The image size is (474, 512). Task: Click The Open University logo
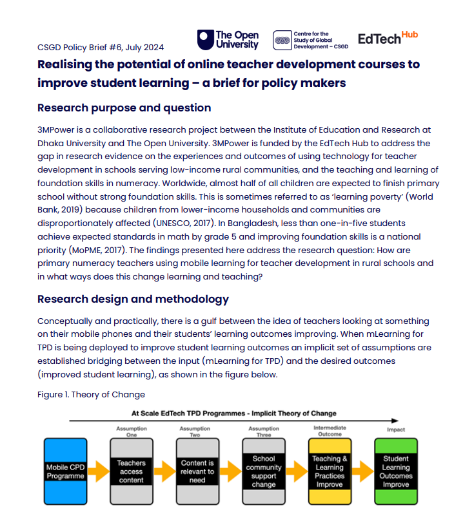[x=228, y=39]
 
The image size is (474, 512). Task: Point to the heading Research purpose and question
[x=124, y=107]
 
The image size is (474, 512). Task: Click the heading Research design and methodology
[x=133, y=299]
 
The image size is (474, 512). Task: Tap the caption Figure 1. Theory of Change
[x=91, y=394]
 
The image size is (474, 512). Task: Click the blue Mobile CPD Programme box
[x=64, y=471]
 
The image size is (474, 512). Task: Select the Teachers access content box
[x=131, y=471]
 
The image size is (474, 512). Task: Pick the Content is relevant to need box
[x=197, y=471]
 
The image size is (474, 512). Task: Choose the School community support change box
[x=263, y=471]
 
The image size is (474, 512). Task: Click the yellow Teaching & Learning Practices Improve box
[x=330, y=471]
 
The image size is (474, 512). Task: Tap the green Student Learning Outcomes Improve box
[x=396, y=471]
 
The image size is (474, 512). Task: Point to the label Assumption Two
[x=195, y=431]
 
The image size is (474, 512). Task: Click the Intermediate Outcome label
[x=329, y=431]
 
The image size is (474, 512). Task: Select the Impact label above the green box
[x=395, y=430]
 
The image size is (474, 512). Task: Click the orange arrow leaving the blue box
[x=98, y=471]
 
